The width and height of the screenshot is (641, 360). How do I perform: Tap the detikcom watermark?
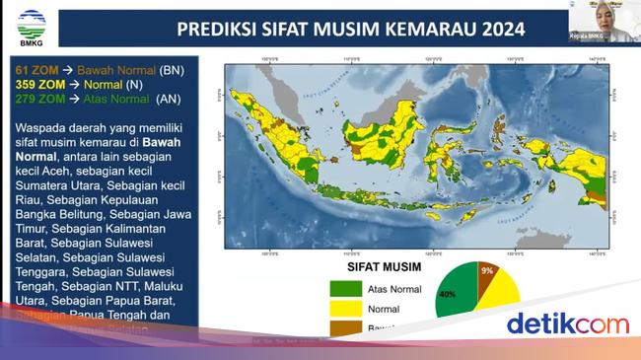click(566, 324)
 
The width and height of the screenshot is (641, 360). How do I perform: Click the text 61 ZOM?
click(36, 71)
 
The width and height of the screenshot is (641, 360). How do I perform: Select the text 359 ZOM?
click(39, 84)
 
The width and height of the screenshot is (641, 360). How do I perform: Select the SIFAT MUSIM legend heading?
click(383, 266)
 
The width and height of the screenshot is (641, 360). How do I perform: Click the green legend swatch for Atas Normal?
click(344, 289)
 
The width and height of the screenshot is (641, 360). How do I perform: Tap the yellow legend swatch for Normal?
click(344, 308)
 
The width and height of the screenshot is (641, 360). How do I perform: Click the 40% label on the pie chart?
click(447, 294)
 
